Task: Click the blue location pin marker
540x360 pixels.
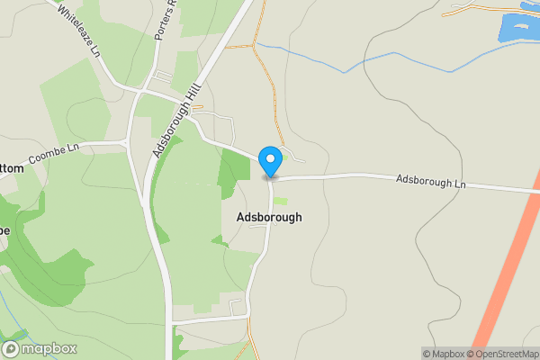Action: [270, 160]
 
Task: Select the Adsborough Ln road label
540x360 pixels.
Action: [431, 181]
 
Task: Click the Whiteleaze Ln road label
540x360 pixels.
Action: [79, 30]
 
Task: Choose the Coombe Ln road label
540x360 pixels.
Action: [54, 154]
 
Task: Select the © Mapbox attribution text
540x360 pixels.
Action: [444, 354]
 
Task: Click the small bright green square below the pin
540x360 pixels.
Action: [281, 201]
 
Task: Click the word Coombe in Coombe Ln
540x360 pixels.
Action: [47, 157]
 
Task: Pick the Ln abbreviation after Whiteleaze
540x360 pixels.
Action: [94, 49]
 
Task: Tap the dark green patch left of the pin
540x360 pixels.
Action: [235, 167]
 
